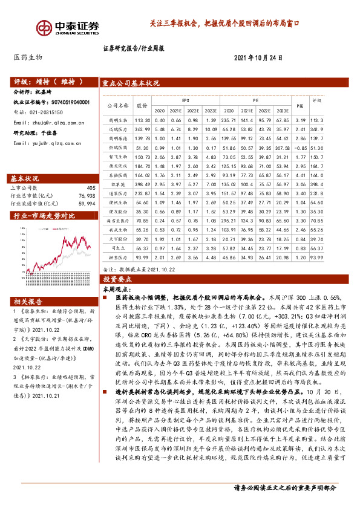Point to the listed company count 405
tap(91, 189)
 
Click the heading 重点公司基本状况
tap(131, 83)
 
